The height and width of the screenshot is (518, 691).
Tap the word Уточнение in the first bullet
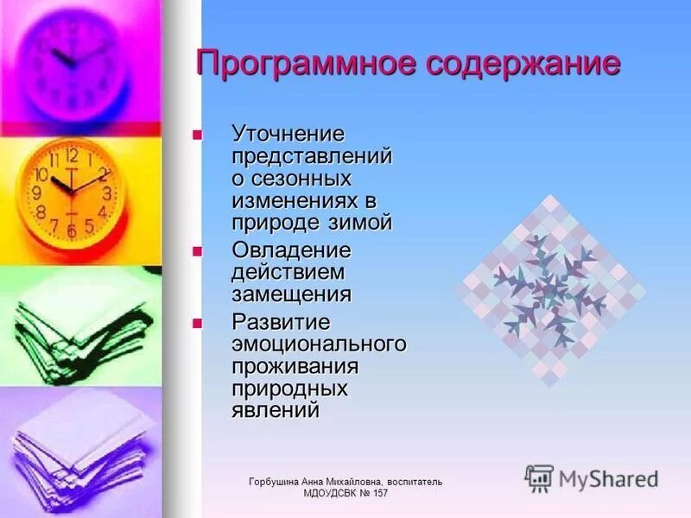[x=288, y=135]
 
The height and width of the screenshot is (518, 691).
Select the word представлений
[x=312, y=156]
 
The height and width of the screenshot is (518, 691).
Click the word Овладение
[x=291, y=250]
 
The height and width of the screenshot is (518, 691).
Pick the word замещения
[x=291, y=294]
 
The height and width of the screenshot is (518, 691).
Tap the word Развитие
[x=282, y=322]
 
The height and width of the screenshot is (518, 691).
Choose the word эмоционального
[x=319, y=344]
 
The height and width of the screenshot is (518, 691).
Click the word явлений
[x=276, y=409]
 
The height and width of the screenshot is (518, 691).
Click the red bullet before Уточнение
[x=196, y=135]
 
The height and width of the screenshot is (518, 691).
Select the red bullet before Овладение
[x=196, y=250]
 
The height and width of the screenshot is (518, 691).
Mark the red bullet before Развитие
[x=196, y=323]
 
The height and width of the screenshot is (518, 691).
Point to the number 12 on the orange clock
[x=71, y=156]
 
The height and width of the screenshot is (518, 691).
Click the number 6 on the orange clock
[x=72, y=231]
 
